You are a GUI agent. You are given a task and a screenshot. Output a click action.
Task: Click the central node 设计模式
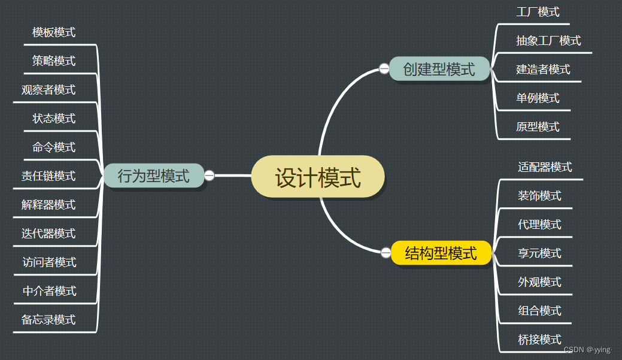click(318, 177)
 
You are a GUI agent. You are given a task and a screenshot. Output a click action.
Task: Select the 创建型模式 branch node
click(439, 69)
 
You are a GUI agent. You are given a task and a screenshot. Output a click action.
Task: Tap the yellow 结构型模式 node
click(441, 253)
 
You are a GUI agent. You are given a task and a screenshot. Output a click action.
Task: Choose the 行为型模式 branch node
click(153, 176)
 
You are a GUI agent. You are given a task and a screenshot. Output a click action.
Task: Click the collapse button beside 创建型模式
click(384, 69)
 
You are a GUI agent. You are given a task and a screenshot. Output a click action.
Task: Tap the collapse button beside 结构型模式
click(386, 252)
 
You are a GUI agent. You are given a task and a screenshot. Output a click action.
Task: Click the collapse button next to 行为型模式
click(210, 176)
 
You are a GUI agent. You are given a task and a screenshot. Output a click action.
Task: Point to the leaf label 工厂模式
click(538, 12)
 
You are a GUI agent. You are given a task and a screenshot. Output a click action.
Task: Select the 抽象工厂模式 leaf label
click(548, 41)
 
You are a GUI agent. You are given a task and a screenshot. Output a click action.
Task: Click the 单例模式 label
click(538, 98)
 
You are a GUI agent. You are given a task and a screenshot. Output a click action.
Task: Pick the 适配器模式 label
click(545, 167)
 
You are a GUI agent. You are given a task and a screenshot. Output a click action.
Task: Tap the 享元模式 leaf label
click(539, 253)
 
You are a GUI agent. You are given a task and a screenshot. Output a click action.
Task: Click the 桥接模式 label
click(539, 340)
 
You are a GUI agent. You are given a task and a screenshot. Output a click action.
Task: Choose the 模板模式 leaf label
click(54, 32)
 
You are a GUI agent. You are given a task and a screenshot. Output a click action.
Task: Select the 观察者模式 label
click(48, 90)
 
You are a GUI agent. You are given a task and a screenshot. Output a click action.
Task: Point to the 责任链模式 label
click(48, 176)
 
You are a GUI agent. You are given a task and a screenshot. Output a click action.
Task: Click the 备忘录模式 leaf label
click(48, 319)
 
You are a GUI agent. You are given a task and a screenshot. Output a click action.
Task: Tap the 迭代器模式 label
click(48, 234)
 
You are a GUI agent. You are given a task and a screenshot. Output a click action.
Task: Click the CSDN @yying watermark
click(588, 350)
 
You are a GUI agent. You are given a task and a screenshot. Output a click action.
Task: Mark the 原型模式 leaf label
click(538, 127)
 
